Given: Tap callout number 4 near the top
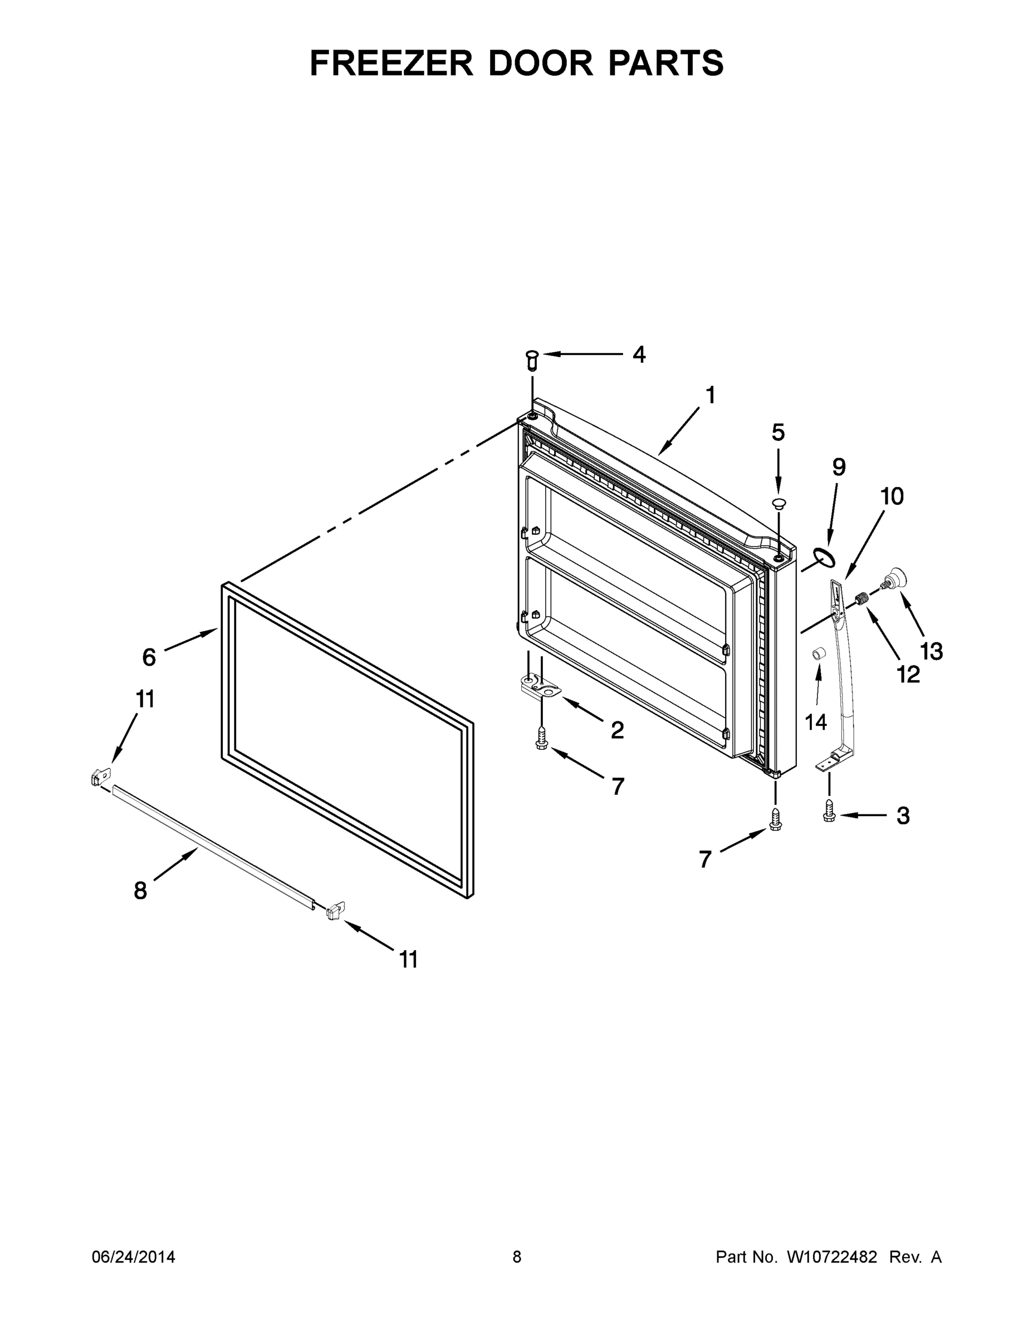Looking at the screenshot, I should [x=638, y=354].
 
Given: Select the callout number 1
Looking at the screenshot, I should [x=710, y=396].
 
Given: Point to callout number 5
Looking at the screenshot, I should [x=778, y=433].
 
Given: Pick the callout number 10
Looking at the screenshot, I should [x=892, y=497].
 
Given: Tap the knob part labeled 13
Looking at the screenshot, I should [x=895, y=577].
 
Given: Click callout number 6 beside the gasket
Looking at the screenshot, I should [x=149, y=657].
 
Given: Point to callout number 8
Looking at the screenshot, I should [x=140, y=890].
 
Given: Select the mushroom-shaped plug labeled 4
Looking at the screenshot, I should [x=532, y=360].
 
